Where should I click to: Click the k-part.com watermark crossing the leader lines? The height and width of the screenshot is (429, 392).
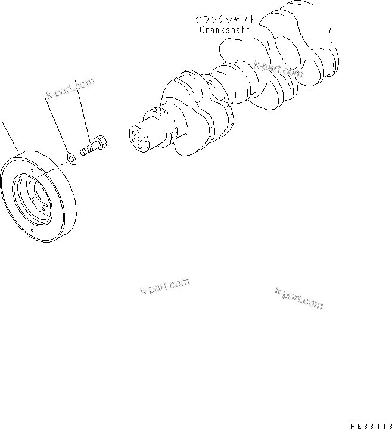click(69, 89)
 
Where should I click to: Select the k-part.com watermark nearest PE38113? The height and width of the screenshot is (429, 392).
click(299, 297)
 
